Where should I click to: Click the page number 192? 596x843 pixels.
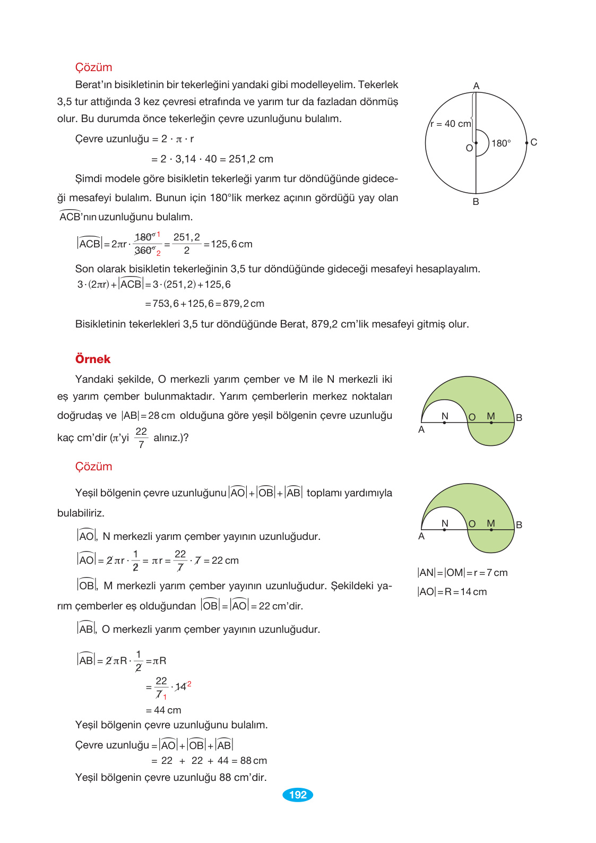(x=298, y=795)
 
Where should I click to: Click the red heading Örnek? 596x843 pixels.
(x=93, y=359)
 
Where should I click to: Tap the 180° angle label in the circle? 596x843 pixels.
(x=501, y=143)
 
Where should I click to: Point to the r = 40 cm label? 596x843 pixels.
(x=451, y=124)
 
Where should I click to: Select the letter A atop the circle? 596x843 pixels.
(x=476, y=86)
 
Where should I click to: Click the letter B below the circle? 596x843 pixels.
(x=476, y=202)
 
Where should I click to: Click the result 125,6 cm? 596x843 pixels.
(x=231, y=244)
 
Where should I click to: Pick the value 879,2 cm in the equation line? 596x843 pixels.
(x=244, y=304)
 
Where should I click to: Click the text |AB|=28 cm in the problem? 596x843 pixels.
(x=148, y=416)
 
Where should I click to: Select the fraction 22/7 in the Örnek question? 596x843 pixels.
(x=141, y=438)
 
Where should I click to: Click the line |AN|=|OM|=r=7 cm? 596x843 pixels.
(x=462, y=573)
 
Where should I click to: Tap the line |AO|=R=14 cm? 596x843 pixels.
(x=452, y=592)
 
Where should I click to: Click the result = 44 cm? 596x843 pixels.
(x=163, y=710)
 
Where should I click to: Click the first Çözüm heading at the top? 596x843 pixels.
(x=93, y=67)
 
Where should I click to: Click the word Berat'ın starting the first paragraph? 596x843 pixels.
(x=93, y=85)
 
